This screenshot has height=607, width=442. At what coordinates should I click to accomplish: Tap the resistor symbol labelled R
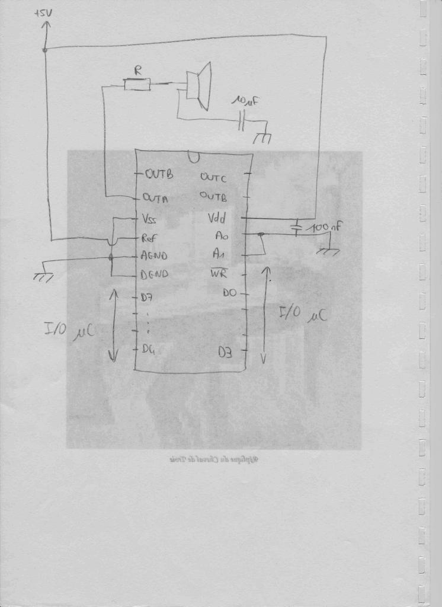pos(137,85)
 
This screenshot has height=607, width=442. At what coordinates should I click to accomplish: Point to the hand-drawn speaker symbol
pos(198,87)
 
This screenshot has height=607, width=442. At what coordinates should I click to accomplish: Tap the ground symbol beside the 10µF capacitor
pos(262,139)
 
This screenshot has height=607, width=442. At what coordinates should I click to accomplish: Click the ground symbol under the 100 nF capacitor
pos(328,251)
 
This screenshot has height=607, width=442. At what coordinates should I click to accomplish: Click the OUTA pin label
pos(155,199)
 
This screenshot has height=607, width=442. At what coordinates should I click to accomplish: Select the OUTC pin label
pos(213,177)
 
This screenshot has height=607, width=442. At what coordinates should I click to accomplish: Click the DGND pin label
pos(155,274)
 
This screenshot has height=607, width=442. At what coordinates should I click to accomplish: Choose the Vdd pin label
pos(217,218)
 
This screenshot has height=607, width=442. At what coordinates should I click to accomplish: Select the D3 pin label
pos(225,352)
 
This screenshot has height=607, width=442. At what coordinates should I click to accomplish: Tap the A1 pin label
pos(220,254)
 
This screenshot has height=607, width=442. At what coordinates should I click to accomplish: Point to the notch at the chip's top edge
pos(193,158)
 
